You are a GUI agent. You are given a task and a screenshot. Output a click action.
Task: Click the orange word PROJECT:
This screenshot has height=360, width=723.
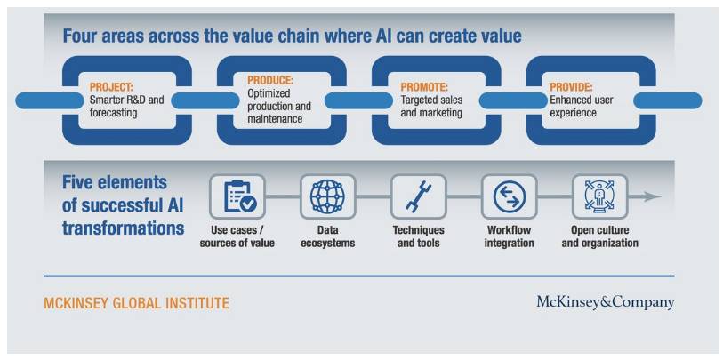111,87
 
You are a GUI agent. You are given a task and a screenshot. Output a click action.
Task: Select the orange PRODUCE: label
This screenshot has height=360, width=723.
270,81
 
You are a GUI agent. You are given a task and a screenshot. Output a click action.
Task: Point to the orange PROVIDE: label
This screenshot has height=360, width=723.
571,87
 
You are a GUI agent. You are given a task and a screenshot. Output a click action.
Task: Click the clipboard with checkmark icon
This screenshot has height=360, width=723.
237,196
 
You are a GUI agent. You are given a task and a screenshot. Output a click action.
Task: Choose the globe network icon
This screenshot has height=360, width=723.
327,196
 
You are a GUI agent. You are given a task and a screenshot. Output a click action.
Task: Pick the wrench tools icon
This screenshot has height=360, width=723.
418,196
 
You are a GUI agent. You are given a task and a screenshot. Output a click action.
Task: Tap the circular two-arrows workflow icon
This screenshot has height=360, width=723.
509,196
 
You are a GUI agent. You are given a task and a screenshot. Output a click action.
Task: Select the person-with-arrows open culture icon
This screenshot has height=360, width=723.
600,196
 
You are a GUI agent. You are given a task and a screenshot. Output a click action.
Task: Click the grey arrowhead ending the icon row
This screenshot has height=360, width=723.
653,196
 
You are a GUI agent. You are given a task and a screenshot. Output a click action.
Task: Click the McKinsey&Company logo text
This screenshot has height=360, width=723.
605,303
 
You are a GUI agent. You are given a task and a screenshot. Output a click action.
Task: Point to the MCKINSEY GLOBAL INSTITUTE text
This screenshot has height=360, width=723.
136,303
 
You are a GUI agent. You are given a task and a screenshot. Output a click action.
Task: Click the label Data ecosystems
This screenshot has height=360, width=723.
328,236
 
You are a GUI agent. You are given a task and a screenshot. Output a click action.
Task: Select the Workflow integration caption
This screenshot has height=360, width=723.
509,236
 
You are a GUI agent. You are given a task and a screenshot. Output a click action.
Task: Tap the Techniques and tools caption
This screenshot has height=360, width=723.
418,236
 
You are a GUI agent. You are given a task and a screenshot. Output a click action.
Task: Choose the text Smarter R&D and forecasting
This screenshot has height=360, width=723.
127,107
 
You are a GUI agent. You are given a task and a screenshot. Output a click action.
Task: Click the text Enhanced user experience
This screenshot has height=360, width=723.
581,107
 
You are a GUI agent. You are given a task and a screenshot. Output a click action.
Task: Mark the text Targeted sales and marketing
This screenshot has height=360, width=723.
431,107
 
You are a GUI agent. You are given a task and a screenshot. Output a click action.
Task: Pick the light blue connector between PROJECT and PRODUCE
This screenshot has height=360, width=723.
205,101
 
